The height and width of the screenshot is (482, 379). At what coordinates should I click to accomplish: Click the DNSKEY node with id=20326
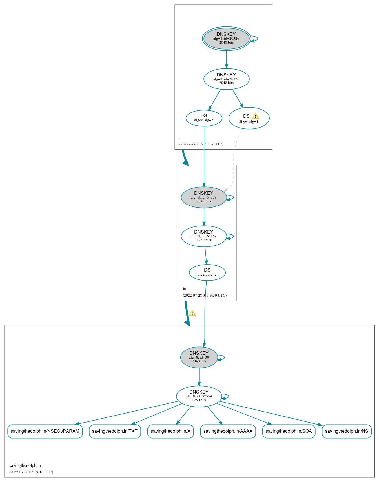coord(226,39)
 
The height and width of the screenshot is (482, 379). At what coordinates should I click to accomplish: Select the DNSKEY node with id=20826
coord(226,79)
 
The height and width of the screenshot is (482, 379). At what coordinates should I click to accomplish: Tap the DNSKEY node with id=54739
coord(204,197)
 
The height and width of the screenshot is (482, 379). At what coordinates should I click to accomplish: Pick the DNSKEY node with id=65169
coord(204,236)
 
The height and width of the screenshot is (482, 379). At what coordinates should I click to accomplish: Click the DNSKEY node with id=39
coord(199,357)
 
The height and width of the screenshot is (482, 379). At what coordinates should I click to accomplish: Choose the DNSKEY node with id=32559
coord(199,396)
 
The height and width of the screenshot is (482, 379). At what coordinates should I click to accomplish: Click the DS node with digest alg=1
coord(249,118)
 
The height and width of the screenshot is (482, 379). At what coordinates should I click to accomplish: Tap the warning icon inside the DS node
coord(255,116)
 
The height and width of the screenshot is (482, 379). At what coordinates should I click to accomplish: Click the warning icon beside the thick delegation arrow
coord(192,313)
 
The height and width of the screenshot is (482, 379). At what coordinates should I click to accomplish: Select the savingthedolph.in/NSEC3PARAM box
coord(45,431)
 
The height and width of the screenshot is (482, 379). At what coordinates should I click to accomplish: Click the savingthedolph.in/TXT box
coord(115,431)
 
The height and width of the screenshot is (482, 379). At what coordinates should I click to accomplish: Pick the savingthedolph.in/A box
coord(170,431)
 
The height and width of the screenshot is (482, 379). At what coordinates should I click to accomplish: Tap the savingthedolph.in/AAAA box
coord(228,431)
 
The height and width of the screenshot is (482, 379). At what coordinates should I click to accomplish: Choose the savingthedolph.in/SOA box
coord(289,431)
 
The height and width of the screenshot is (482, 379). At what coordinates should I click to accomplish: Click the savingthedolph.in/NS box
coord(347,431)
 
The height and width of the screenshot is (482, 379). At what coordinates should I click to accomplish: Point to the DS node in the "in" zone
coord(207,272)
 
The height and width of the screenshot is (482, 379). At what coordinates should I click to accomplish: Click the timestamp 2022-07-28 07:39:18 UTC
coord(31,472)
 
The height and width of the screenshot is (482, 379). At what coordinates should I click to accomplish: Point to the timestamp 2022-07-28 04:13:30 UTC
coord(205,295)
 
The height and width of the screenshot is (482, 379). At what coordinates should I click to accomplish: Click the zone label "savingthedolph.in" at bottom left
coord(25,465)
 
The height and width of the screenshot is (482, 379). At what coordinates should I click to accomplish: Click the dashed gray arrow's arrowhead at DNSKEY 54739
coord(225,190)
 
